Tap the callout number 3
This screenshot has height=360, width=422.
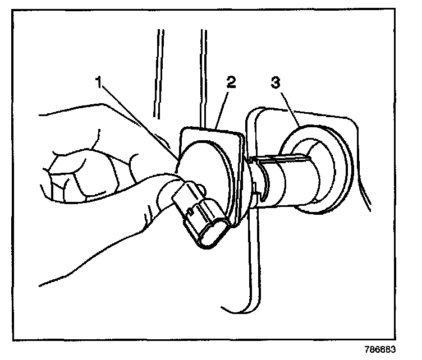(x=275, y=82)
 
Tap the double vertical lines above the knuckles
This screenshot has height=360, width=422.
(x=160, y=73)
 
